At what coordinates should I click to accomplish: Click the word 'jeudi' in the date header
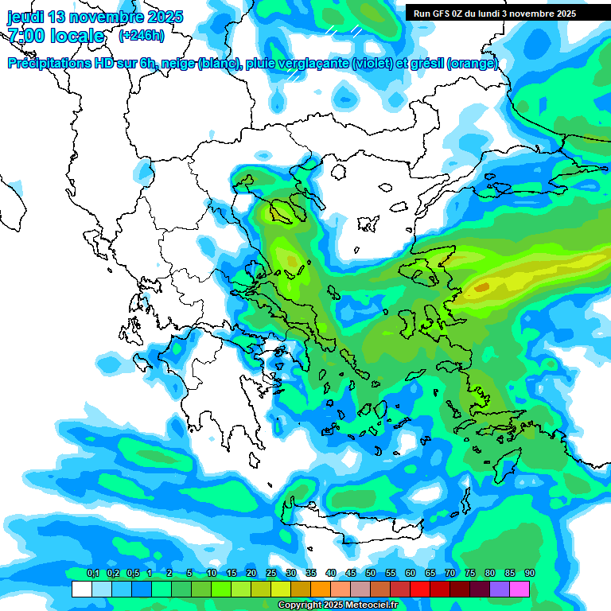pos(26,17)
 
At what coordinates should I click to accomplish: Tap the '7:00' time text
pos(29,36)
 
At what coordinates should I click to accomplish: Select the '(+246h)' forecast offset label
pos(141,36)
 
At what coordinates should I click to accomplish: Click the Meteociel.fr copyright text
pos(337,605)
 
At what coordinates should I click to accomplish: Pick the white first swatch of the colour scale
pos(81,590)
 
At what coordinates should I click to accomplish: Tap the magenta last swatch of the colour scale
pos(520,590)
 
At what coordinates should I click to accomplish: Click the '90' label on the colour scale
pos(530,574)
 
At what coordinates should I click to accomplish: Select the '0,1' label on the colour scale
pos(92,574)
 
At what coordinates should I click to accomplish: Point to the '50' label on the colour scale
pos(371,574)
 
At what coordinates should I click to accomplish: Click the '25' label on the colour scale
pos(271,574)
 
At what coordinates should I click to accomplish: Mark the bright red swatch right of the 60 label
pos(420,590)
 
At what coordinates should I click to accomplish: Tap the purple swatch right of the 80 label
pos(500,590)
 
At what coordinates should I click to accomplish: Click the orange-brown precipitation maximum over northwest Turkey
pos(482,286)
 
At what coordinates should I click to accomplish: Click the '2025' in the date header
pos(164,17)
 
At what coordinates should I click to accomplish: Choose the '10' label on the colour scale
pos(212,574)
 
